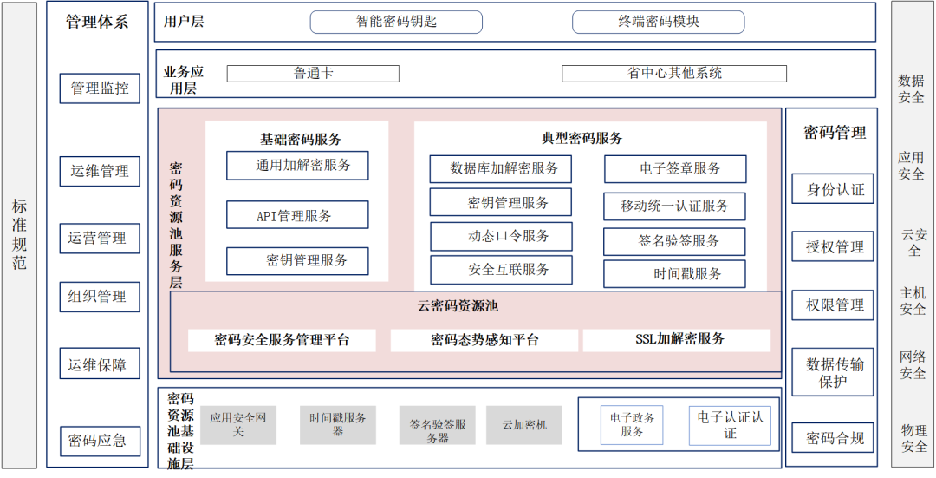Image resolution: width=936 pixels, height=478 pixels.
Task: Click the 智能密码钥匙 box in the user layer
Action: click(396, 22)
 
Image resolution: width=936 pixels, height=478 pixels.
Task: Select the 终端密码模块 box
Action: click(658, 22)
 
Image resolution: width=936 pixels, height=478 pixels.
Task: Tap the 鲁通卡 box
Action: click(313, 74)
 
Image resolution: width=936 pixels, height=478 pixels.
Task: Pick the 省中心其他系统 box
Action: click(674, 74)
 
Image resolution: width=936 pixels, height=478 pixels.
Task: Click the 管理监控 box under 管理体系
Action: click(100, 88)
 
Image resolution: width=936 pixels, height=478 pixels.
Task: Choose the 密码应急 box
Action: click(98, 441)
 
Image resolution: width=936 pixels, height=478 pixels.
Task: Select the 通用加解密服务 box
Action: click(297, 165)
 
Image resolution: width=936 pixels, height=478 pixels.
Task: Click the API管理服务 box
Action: click(297, 215)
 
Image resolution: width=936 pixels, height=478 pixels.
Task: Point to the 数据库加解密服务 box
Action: click(500, 168)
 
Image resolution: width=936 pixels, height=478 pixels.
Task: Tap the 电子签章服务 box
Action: click(674, 168)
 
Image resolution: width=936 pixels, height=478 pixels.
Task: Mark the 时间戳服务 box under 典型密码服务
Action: click(674, 274)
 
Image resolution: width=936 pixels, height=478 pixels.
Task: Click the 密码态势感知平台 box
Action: click(484, 340)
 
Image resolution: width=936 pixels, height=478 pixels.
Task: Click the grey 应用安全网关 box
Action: click(238, 425)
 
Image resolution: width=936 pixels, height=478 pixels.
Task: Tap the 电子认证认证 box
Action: click(730, 425)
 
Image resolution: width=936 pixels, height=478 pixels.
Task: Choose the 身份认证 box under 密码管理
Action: click(833, 189)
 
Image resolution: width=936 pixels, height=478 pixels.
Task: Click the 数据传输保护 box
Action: click(833, 372)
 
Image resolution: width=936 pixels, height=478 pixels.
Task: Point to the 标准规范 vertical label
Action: click(19, 234)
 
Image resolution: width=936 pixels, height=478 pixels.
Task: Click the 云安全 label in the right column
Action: click(913, 242)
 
